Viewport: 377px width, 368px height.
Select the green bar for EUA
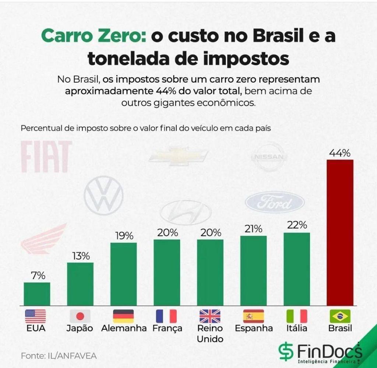click(37, 294)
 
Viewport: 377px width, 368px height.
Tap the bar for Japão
click(80, 284)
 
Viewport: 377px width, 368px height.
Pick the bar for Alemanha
click(123, 274)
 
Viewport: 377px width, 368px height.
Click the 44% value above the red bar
click(340, 153)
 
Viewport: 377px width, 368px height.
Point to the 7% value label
click(38, 276)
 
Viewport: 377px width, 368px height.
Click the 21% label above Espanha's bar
click(253, 229)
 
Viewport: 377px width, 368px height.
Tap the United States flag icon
click(36, 316)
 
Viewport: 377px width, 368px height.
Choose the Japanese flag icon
click(80, 316)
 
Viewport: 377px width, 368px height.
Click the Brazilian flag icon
click(340, 316)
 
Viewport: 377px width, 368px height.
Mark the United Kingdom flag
click(210, 316)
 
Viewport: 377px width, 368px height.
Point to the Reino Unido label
click(210, 333)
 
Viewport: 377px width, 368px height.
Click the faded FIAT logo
click(46, 157)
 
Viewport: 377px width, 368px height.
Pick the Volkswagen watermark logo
click(103, 195)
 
